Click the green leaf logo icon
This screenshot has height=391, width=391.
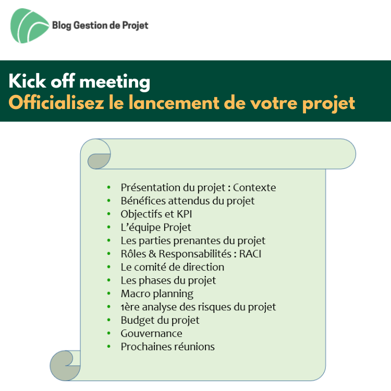pyautogui.click(x=29, y=26)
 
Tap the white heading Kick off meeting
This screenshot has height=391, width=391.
pyautogui.click(x=79, y=81)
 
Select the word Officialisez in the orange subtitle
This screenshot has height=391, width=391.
pyautogui.click(x=56, y=103)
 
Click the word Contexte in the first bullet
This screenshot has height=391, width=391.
pyautogui.click(x=254, y=188)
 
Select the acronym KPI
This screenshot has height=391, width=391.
pyautogui.click(x=184, y=214)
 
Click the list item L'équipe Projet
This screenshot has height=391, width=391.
pyautogui.click(x=156, y=227)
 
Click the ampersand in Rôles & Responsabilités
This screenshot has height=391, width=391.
pyautogui.click(x=152, y=254)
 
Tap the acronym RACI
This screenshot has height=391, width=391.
pyautogui.click(x=250, y=254)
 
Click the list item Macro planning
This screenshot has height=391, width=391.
pyautogui.click(x=157, y=294)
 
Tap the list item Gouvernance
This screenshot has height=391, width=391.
pyautogui.click(x=152, y=334)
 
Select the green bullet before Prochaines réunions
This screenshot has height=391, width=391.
pyautogui.click(x=109, y=346)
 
